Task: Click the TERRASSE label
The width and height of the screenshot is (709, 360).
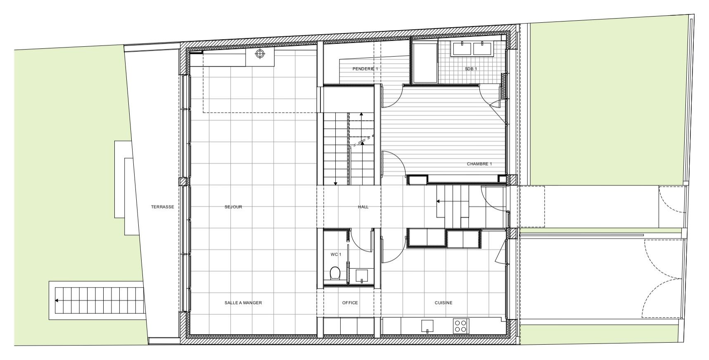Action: coord(162,207)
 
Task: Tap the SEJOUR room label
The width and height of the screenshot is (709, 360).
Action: coord(233,207)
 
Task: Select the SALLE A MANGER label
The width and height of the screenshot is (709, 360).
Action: coord(243,303)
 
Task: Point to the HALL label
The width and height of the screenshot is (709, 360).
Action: coord(363,207)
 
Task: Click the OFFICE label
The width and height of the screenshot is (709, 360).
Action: coord(350,303)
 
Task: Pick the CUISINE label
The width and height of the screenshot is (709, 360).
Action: coord(443,303)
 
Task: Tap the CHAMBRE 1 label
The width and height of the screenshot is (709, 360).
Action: coord(479,164)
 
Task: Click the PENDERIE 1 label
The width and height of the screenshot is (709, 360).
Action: coord(365,69)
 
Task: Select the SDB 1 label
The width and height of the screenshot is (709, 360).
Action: coord(471,69)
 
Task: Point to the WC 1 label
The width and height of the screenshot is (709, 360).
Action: coord(336,254)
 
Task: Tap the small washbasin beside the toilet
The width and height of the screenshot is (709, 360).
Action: coord(362,275)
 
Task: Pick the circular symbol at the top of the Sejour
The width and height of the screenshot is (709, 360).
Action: coord(260,54)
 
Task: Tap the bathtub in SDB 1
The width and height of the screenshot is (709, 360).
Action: coord(425,62)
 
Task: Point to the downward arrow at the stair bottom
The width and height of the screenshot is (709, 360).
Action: coord(336,183)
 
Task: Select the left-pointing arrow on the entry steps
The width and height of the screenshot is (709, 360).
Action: coord(439,201)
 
